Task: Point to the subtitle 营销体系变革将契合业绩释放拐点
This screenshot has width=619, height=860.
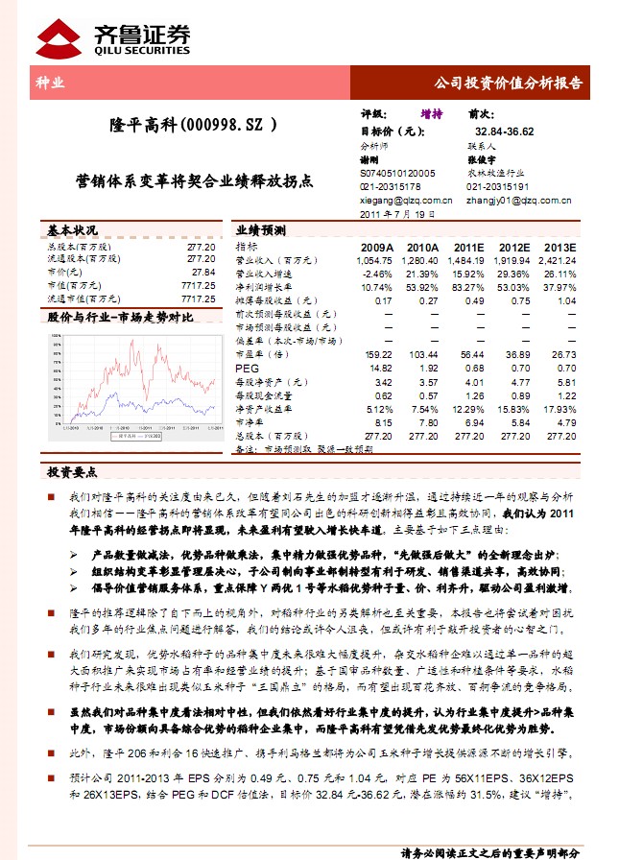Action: (194, 179)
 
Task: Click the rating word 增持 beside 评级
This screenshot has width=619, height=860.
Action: (432, 114)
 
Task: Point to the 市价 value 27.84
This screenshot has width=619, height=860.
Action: (202, 273)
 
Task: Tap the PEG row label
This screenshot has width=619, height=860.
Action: (248, 368)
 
